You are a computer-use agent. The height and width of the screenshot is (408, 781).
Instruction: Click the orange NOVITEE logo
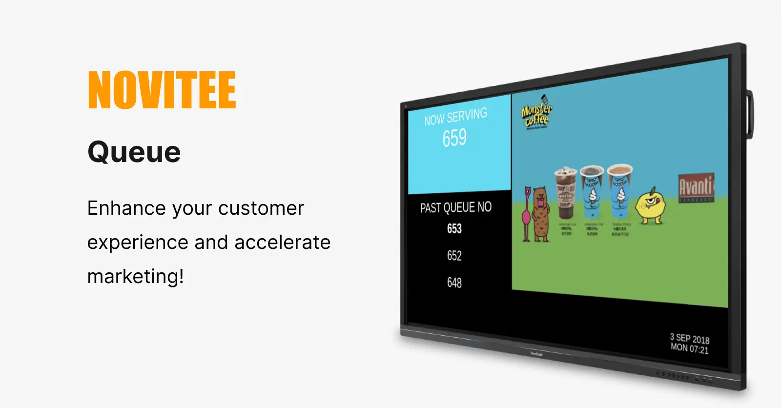click(x=162, y=90)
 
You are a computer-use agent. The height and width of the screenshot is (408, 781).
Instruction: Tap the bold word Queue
click(x=134, y=152)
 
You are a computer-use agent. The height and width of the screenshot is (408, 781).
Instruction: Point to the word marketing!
click(x=136, y=277)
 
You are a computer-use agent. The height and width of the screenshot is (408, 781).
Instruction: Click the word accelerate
click(x=282, y=243)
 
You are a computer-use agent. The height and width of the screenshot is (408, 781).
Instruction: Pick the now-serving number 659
click(x=454, y=138)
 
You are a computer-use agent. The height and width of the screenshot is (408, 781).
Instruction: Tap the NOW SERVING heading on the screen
click(x=455, y=117)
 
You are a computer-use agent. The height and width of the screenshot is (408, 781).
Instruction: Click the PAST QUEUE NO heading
click(x=456, y=208)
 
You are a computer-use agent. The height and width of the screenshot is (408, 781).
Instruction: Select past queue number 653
click(x=454, y=228)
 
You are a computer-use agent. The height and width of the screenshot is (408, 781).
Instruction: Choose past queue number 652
click(x=454, y=256)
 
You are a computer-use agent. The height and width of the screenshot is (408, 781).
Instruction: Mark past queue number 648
click(x=454, y=283)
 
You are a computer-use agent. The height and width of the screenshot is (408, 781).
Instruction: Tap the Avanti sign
click(x=696, y=187)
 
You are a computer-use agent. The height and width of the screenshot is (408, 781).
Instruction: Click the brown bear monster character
click(x=540, y=214)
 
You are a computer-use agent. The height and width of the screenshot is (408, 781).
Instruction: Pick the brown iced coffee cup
click(x=566, y=192)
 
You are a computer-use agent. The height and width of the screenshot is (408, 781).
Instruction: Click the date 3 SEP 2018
click(x=689, y=338)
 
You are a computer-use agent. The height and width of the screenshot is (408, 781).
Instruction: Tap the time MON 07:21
click(x=689, y=348)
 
